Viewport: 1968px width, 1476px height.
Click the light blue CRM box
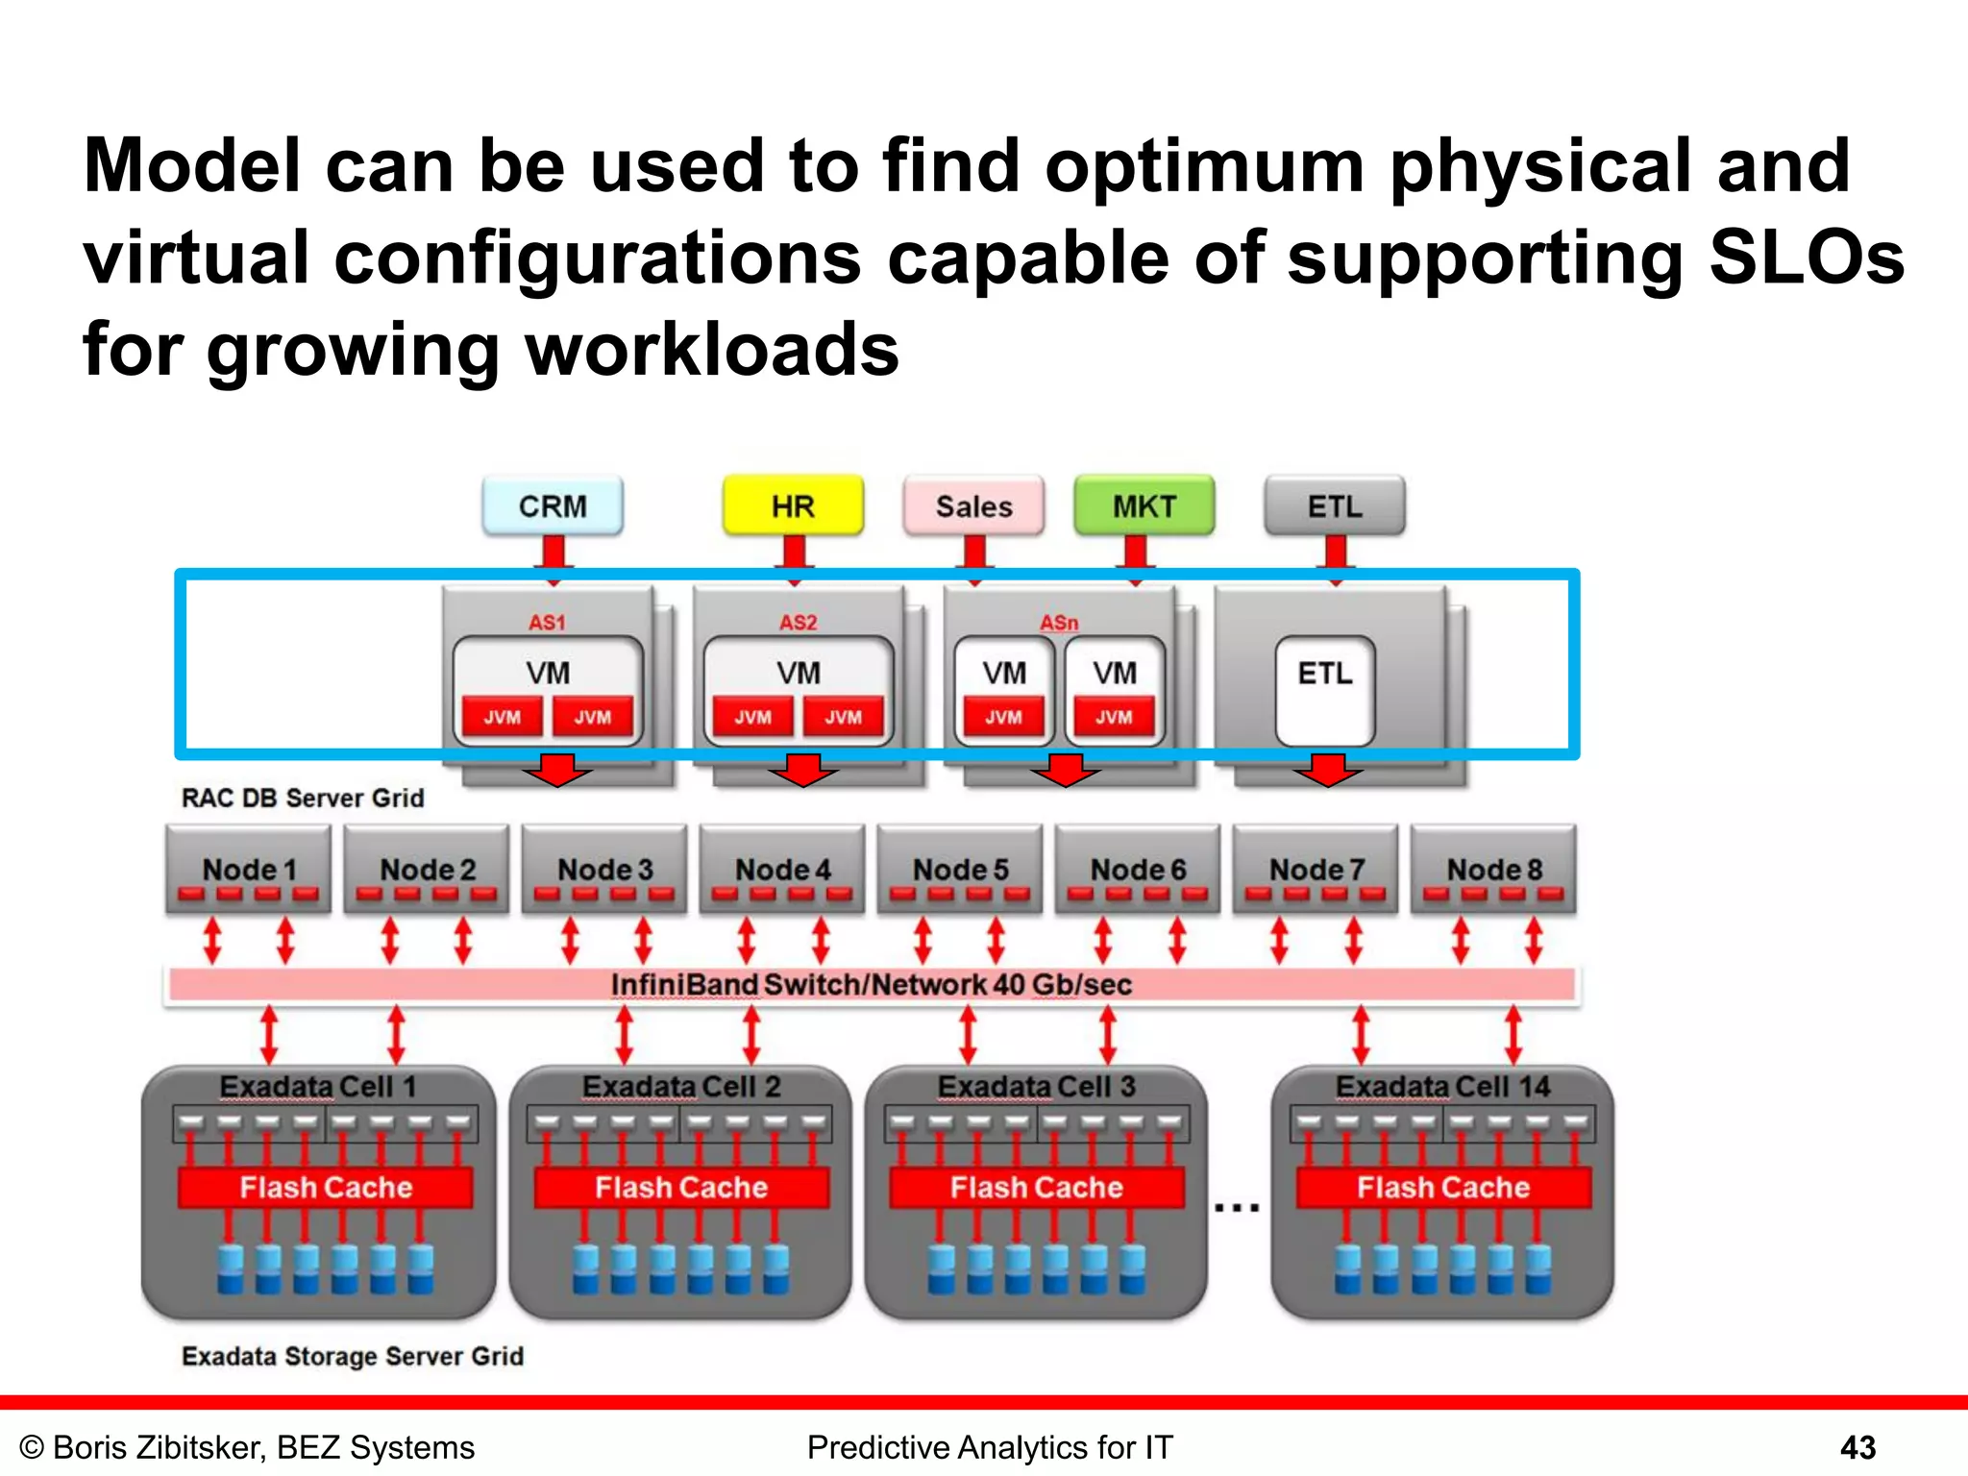point(553,505)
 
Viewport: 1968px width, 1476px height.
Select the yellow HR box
point(793,505)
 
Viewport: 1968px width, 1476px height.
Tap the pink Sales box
point(973,505)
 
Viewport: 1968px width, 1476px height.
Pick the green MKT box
point(1144,505)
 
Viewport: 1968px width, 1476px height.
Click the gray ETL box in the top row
point(1335,505)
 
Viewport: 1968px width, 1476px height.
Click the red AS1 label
point(547,623)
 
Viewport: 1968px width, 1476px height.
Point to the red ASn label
point(1059,623)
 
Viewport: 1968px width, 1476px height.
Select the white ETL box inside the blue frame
point(1325,690)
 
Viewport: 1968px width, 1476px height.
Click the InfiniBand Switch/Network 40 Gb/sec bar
point(872,985)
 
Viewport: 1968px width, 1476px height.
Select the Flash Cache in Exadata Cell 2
point(681,1188)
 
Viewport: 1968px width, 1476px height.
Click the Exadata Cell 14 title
point(1442,1087)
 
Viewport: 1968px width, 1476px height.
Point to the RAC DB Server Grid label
point(303,799)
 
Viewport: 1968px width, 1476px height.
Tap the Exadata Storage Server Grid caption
point(353,1356)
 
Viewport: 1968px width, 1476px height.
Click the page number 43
point(1857,1447)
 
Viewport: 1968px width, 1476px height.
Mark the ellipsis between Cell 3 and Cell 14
point(1237,1207)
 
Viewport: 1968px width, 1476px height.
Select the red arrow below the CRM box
point(553,558)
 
